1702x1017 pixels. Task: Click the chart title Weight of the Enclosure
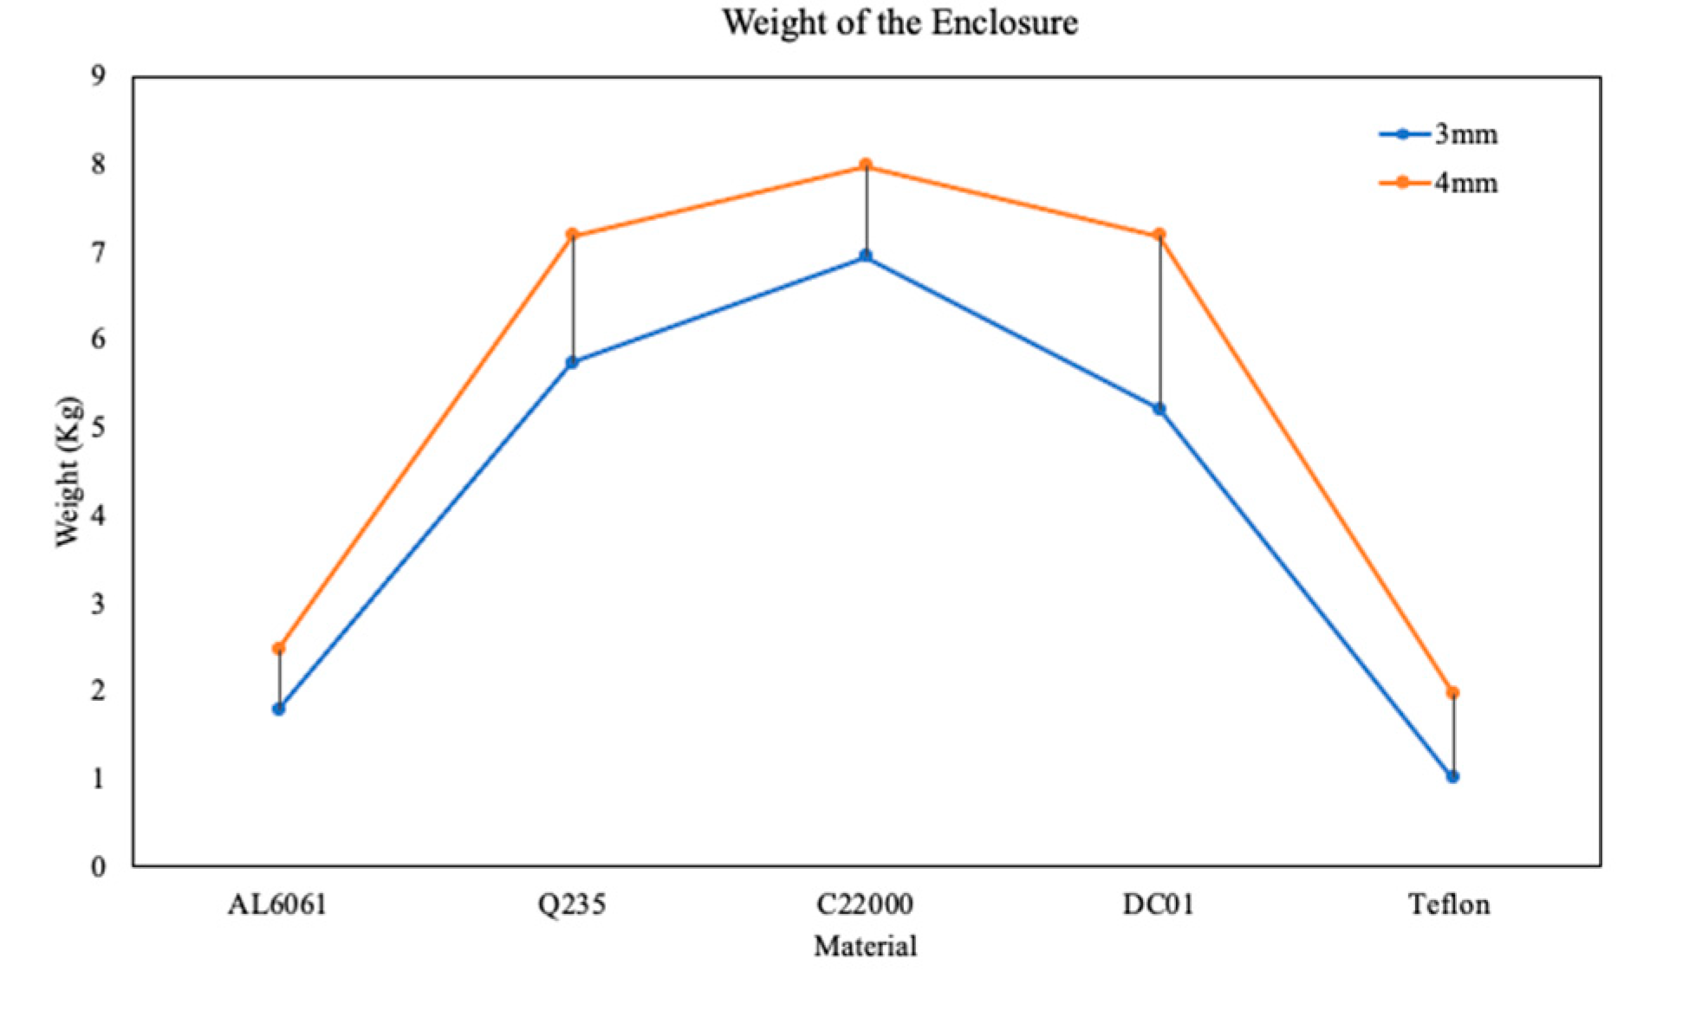pyautogui.click(x=900, y=23)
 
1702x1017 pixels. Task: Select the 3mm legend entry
pyautogui.click(x=1439, y=134)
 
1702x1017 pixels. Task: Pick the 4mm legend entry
pyautogui.click(x=1439, y=183)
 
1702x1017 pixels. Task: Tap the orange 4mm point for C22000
pyautogui.click(x=866, y=165)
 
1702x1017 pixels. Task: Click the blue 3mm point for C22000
pyautogui.click(x=866, y=256)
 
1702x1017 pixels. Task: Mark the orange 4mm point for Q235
pyautogui.click(x=572, y=235)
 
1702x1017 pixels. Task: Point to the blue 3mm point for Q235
pyautogui.click(x=572, y=362)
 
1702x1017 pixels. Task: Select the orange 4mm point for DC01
pyautogui.click(x=1160, y=235)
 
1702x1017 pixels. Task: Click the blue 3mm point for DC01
pyautogui.click(x=1160, y=409)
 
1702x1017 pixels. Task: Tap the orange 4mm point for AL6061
pyautogui.click(x=279, y=648)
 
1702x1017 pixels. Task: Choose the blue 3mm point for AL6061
pyautogui.click(x=279, y=709)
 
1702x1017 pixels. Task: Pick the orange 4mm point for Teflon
pyautogui.click(x=1453, y=692)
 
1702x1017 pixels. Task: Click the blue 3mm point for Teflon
pyautogui.click(x=1453, y=776)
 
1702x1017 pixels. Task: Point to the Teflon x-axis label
pyautogui.click(x=1449, y=904)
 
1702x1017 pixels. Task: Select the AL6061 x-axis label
pyautogui.click(x=277, y=904)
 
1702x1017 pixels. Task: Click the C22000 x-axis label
pyautogui.click(x=865, y=904)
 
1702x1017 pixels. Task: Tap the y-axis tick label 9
pyautogui.click(x=98, y=76)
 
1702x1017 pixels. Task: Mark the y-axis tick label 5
pyautogui.click(x=98, y=427)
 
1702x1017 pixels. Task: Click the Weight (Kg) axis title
pyautogui.click(x=68, y=472)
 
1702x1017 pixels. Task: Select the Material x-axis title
pyautogui.click(x=865, y=945)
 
